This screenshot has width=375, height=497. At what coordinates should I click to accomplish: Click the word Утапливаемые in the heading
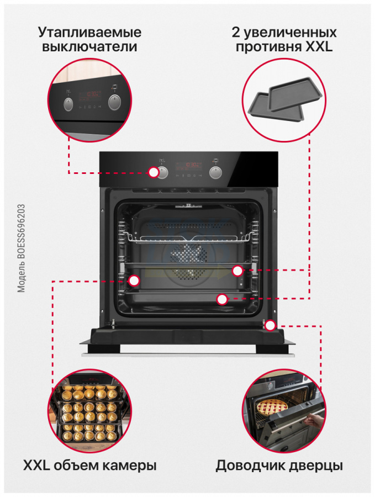[x=89, y=33]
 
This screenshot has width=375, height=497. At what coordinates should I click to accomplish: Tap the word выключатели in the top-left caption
[x=89, y=47]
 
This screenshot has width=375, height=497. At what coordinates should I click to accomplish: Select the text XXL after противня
[x=319, y=47]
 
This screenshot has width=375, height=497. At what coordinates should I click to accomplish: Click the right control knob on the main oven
[x=215, y=172]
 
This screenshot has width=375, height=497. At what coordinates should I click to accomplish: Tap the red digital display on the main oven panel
[x=189, y=165]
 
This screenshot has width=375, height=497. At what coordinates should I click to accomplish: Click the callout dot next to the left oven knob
[x=154, y=172]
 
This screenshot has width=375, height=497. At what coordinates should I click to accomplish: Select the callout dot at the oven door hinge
[x=270, y=325]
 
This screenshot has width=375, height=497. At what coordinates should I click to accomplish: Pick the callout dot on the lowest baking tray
[x=222, y=299]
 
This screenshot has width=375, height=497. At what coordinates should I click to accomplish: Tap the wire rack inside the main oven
[x=189, y=237]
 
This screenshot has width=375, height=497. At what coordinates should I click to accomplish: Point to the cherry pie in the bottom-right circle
[x=272, y=408]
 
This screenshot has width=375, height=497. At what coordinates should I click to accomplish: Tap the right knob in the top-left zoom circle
[x=114, y=102]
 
